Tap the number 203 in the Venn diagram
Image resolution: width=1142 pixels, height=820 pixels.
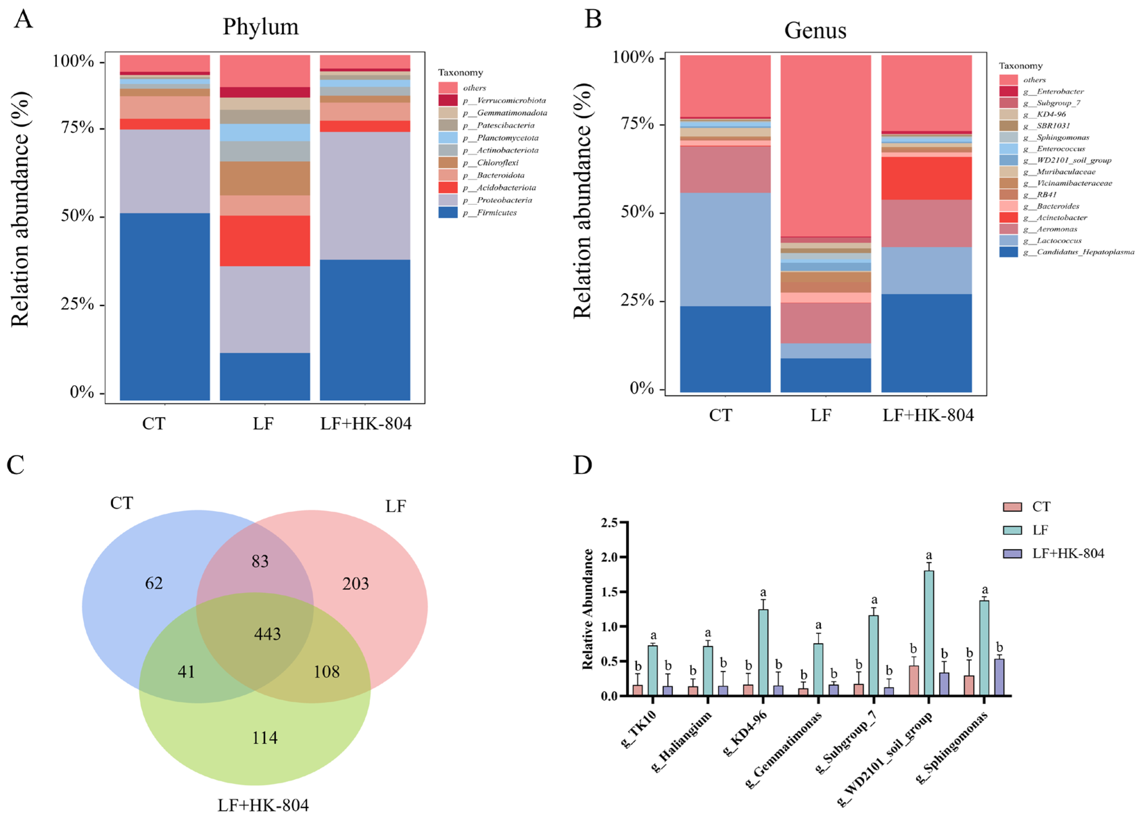(x=355, y=583)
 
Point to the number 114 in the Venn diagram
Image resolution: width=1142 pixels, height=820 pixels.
(x=264, y=737)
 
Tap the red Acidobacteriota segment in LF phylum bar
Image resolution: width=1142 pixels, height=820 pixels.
(x=265, y=241)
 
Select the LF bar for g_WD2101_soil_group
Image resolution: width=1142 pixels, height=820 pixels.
(x=929, y=633)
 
